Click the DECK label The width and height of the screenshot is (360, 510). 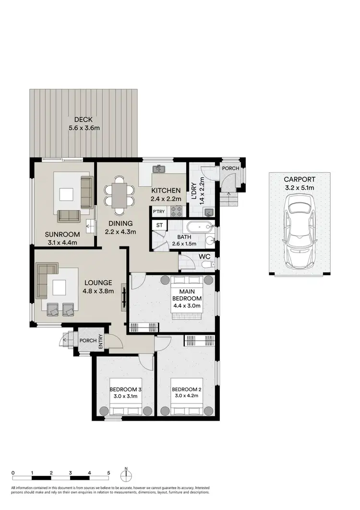[x=83, y=120]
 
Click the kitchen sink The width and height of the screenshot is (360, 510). [x=159, y=169]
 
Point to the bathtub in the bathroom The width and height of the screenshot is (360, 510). [x=197, y=227]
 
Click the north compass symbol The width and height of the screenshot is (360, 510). [x=126, y=474]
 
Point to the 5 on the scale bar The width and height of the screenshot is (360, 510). [x=108, y=473]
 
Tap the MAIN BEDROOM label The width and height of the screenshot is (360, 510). [x=187, y=295]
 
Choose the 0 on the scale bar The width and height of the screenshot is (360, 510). [x=13, y=473]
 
